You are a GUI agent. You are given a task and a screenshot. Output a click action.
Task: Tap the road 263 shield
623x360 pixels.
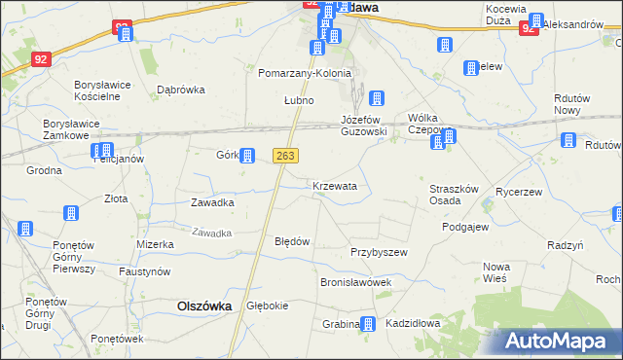click(x=285, y=156)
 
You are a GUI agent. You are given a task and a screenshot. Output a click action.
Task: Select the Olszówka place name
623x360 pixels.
click(x=204, y=305)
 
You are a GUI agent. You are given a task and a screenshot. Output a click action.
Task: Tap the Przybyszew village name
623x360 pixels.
click(x=379, y=251)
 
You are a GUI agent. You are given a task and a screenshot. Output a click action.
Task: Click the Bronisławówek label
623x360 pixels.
click(x=355, y=282)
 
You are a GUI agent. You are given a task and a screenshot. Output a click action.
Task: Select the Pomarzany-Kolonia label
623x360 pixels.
click(x=305, y=73)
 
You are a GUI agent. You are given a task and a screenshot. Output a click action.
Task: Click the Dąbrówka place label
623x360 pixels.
click(x=181, y=90)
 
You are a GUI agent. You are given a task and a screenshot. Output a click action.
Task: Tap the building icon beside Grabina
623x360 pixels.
click(x=367, y=324)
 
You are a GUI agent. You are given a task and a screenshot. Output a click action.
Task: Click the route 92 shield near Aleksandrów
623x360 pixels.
click(x=528, y=29)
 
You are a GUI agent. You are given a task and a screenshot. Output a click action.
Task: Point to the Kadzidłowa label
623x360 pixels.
click(x=413, y=323)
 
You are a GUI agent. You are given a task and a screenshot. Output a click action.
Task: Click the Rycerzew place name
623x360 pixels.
click(x=519, y=192)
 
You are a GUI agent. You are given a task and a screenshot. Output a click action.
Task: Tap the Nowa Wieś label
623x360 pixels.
click(x=496, y=273)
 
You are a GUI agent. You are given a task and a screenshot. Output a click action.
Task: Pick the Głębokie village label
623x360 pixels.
click(x=268, y=306)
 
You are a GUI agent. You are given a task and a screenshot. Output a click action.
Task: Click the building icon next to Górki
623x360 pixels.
click(x=247, y=155)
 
